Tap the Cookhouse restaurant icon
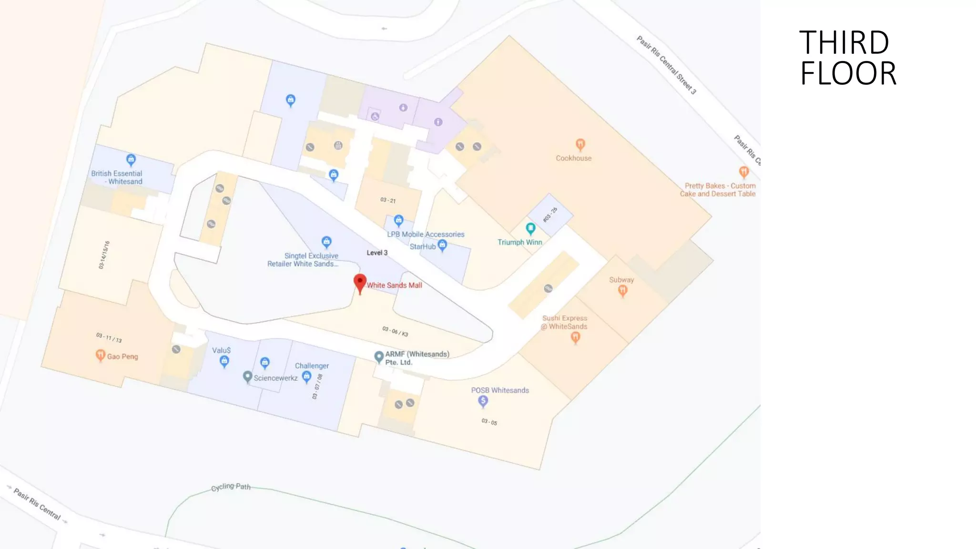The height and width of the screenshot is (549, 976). (x=580, y=144)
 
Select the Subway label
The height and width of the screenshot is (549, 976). (x=621, y=280)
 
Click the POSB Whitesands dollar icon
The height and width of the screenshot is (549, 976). (x=483, y=401)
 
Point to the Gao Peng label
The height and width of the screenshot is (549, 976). (x=122, y=356)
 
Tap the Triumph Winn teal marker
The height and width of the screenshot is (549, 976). (x=530, y=228)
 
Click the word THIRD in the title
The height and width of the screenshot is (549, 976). (x=844, y=43)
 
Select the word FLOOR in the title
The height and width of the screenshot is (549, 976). (x=848, y=74)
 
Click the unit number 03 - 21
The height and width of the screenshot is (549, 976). (x=388, y=200)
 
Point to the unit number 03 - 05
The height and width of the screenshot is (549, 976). (x=489, y=422)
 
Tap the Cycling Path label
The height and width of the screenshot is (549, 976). (x=231, y=487)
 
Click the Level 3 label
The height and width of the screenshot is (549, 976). (x=377, y=253)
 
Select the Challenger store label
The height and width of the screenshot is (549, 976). (x=312, y=366)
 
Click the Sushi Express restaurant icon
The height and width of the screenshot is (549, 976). (x=575, y=337)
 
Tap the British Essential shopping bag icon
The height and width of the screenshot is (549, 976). (x=131, y=160)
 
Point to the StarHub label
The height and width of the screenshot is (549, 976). (x=423, y=246)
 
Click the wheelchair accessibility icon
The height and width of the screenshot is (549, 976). (x=375, y=116)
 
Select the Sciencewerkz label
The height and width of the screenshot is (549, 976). (x=275, y=378)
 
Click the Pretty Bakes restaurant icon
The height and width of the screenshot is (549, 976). (x=743, y=172)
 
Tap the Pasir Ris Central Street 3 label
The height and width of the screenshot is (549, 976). (x=666, y=65)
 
